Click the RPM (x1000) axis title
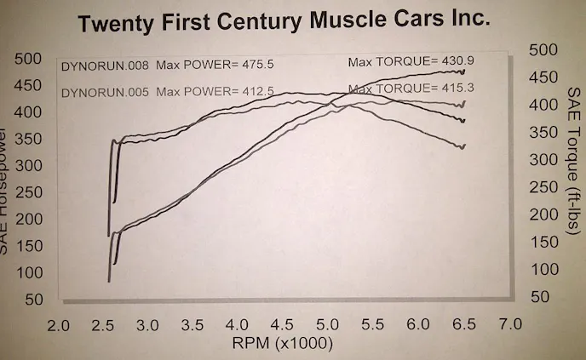(x=284, y=345)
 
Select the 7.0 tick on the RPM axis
(x=509, y=327)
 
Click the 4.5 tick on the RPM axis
(x=284, y=327)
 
